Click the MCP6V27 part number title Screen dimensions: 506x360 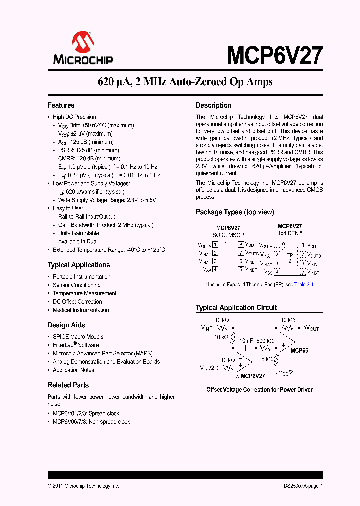(275, 55)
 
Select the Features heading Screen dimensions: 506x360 (61, 105)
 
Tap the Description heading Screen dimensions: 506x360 (213, 105)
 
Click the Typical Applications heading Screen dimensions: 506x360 (79, 265)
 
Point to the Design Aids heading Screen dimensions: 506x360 (66, 325)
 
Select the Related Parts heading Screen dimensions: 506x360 (68, 385)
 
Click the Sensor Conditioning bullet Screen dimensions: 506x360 (77, 285)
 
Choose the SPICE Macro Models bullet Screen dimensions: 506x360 (78, 337)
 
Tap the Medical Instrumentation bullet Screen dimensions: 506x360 (81, 310)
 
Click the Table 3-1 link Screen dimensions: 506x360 (304, 284)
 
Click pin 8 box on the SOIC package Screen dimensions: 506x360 (241, 245)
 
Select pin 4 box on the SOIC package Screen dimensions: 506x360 (215, 269)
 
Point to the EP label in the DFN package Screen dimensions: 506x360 (290, 255)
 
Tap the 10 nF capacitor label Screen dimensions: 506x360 (246, 341)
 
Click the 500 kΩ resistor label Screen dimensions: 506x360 (265, 341)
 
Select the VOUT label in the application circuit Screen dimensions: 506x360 (312, 328)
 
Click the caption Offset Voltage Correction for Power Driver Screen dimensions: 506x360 (259, 389)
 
